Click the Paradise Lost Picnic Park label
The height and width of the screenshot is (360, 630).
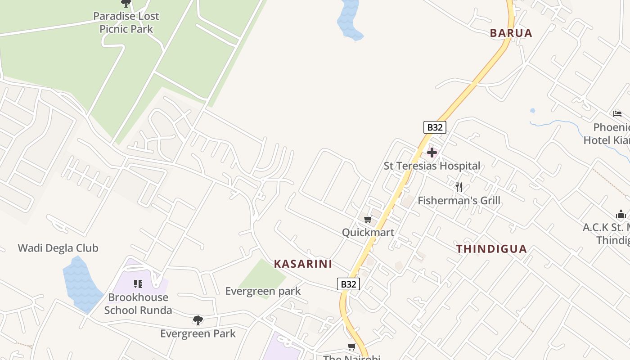[x=126, y=22]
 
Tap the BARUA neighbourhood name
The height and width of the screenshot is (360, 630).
[x=511, y=33]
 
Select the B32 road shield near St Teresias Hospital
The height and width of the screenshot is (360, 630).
[x=434, y=127]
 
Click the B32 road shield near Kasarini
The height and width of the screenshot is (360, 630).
[x=348, y=284]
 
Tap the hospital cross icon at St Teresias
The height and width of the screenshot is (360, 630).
[x=432, y=153]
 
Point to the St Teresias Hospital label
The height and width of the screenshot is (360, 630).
[x=432, y=166]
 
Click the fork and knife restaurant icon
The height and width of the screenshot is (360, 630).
[x=459, y=187]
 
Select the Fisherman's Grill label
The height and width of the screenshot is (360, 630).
[x=459, y=201]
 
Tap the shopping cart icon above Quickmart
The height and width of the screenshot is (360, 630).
[x=368, y=220]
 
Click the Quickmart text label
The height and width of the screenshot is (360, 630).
[x=368, y=233]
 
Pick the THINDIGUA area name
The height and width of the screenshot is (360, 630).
[x=491, y=249]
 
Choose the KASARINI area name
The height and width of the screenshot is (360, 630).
[x=303, y=264]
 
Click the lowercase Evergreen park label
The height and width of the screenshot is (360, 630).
[x=263, y=291]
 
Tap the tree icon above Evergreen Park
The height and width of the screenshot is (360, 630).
[x=198, y=320]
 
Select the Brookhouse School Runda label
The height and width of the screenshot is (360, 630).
[x=138, y=304]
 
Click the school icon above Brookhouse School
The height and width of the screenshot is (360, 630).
[x=138, y=284]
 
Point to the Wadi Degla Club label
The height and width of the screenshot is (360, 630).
[x=58, y=248]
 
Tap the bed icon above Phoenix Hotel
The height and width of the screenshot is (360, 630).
[x=617, y=114]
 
